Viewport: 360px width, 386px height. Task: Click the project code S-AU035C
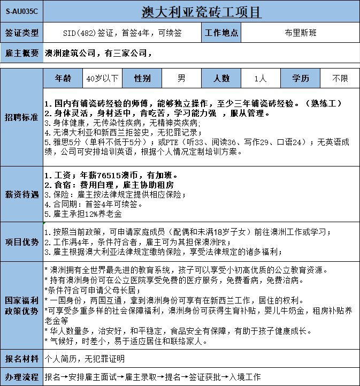click(21, 11)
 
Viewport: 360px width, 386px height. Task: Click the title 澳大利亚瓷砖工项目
click(202, 11)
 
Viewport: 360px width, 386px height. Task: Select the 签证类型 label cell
click(21, 33)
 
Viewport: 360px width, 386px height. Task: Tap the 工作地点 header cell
click(221, 33)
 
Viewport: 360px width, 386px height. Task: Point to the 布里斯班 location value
click(301, 33)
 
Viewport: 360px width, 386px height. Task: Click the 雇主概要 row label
click(21, 53)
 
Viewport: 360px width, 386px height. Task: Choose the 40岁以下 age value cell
click(103, 78)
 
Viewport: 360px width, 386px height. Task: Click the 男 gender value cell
click(181, 78)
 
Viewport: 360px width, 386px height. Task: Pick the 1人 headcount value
click(261, 78)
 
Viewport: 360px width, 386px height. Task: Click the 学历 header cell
click(301, 78)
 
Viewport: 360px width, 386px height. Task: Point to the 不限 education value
click(340, 78)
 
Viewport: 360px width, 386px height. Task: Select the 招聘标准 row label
click(21, 117)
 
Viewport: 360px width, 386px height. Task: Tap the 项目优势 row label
click(21, 242)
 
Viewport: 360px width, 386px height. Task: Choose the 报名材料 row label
click(21, 359)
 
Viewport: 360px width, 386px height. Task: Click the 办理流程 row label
click(21, 377)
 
